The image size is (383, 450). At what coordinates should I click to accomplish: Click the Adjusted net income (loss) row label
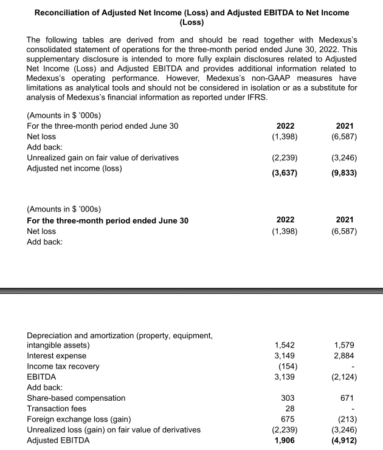74,168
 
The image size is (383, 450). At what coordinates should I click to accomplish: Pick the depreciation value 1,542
286,345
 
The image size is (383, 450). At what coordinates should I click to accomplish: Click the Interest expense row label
57,355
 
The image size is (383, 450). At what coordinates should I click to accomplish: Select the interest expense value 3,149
286,355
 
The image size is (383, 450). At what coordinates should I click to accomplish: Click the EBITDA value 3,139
286,377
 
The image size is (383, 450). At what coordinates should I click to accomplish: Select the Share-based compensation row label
77,398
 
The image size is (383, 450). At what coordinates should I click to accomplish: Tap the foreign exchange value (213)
345,419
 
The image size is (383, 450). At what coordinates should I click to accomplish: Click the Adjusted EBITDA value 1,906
286,441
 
